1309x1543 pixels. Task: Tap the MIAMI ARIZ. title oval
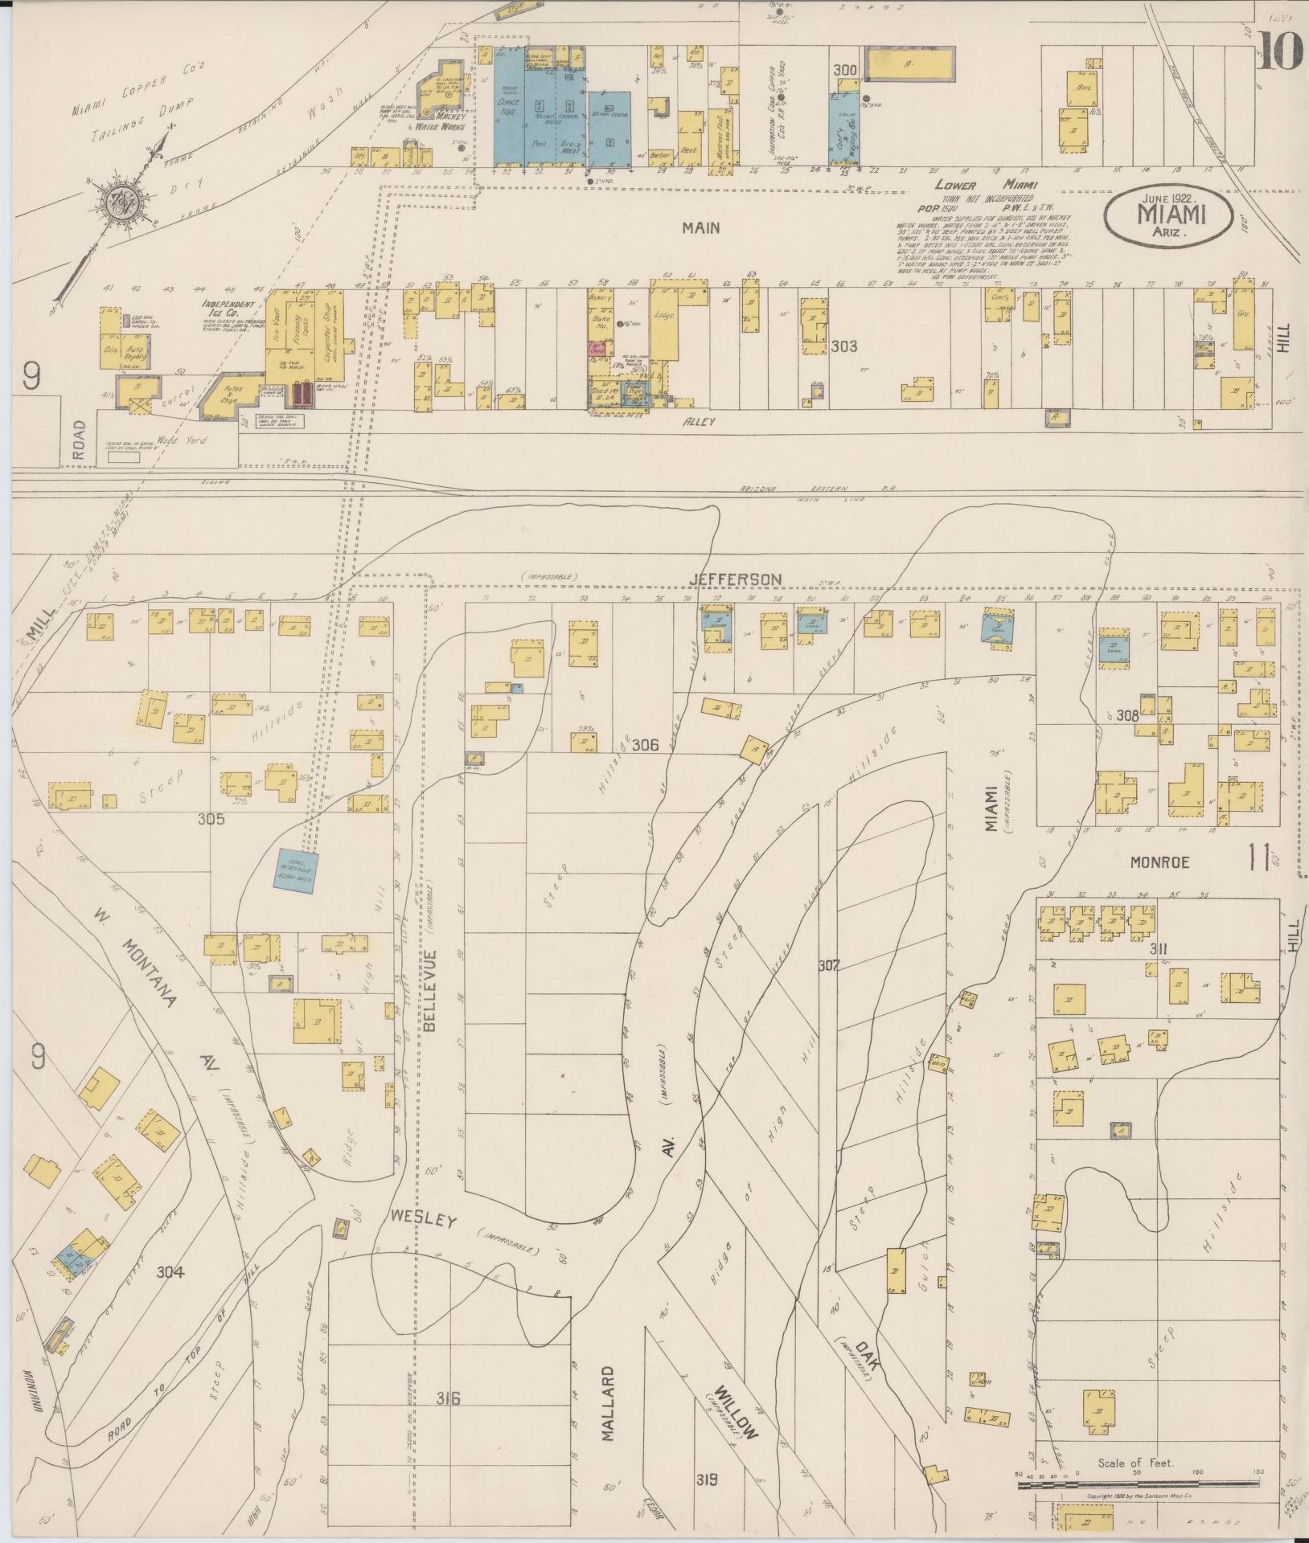pyautogui.click(x=1170, y=215)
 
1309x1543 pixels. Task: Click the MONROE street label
pyautogui.click(x=1159, y=862)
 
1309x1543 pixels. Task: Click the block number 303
pyautogui.click(x=843, y=346)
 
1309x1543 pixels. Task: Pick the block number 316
pyautogui.click(x=448, y=1399)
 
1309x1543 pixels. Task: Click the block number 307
pyautogui.click(x=828, y=964)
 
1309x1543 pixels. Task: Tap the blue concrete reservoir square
pyautogui.click(x=297, y=869)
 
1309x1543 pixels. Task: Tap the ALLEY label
pyautogui.click(x=693, y=420)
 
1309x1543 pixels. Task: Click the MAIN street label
pyautogui.click(x=700, y=228)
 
